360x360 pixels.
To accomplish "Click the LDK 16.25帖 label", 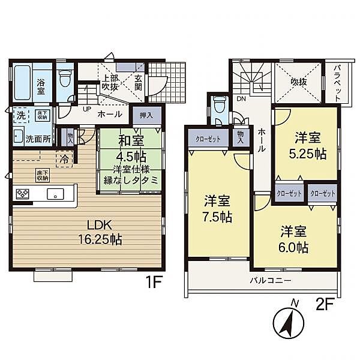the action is click(x=100, y=233).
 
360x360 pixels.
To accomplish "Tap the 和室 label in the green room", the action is click(x=131, y=140).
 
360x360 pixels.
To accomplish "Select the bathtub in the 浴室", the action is click(x=22, y=82).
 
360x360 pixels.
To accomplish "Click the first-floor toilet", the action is click(x=64, y=78).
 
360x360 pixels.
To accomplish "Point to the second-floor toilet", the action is click(x=218, y=104).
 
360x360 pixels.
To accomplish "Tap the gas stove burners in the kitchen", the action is click(x=23, y=194).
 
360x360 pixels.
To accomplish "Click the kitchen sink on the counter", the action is click(x=55, y=194).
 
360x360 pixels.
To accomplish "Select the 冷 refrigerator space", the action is click(x=65, y=158).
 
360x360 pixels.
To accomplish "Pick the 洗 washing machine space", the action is click(x=21, y=115).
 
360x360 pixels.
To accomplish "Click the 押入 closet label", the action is click(x=146, y=115).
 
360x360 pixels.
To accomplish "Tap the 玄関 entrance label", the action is click(x=138, y=83).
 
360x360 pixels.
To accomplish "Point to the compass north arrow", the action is click(x=289, y=322).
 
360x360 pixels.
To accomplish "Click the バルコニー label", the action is click(x=271, y=281).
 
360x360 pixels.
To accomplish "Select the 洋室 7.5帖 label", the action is click(x=217, y=208).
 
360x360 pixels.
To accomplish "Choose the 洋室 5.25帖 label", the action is click(x=307, y=146).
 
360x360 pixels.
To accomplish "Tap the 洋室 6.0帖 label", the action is click(x=293, y=239).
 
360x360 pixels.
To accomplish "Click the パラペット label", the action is click(x=337, y=83).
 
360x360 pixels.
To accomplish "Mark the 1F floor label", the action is click(x=154, y=282).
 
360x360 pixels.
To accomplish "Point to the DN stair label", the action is click(x=241, y=99).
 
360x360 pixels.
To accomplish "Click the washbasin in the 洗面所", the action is click(x=19, y=136).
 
